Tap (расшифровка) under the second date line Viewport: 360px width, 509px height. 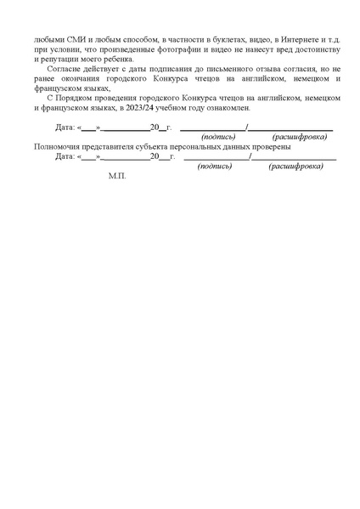click(x=295, y=167)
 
